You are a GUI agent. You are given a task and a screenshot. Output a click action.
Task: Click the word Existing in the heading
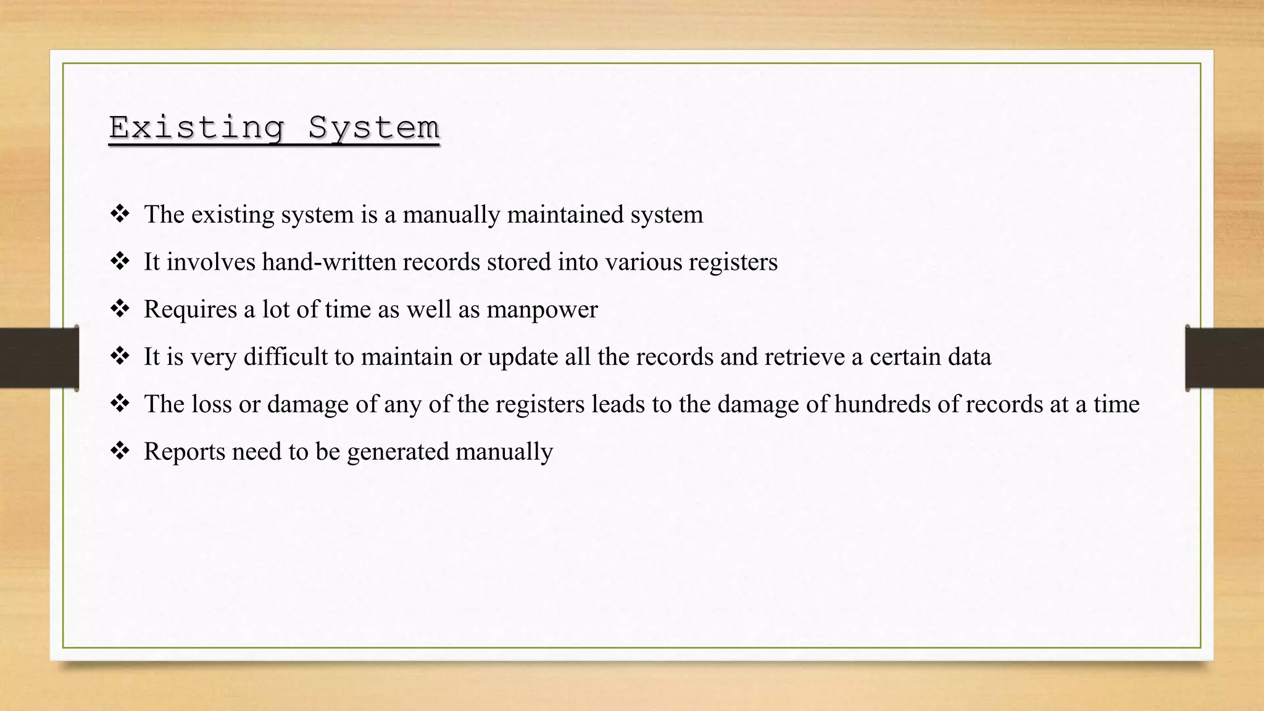[x=196, y=128]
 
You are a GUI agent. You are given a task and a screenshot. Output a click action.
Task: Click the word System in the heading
[x=373, y=128]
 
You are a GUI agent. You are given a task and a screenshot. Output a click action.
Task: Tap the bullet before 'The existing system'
[x=120, y=214]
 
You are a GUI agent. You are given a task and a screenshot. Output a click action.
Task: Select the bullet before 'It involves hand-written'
[x=120, y=262]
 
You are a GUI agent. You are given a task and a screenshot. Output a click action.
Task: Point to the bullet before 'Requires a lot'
[x=120, y=309]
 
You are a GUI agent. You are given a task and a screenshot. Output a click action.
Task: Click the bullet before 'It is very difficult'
[x=120, y=356]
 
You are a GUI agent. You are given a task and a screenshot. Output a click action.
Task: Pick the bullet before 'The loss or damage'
[x=120, y=404]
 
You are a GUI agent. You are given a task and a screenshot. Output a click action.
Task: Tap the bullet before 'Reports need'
[x=120, y=451]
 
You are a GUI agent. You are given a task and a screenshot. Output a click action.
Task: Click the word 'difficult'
[x=286, y=357]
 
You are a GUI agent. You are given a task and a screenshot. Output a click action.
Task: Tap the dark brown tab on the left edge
[x=39, y=357]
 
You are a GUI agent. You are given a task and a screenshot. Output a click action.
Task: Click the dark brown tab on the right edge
[x=1224, y=358]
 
